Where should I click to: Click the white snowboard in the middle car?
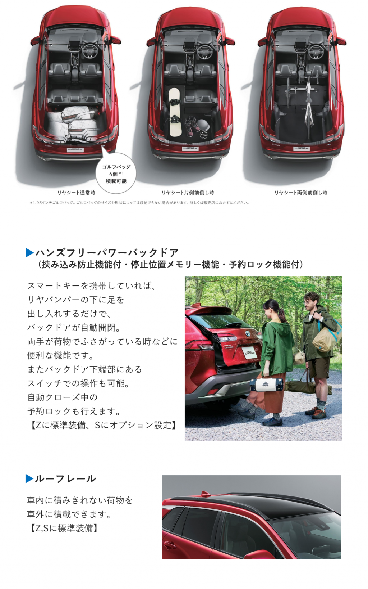point(174,112)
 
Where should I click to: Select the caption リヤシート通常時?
point(76,193)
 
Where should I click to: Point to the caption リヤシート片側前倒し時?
point(188,193)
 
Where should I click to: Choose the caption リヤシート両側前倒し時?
point(301,193)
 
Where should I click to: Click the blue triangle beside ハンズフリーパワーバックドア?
point(30,253)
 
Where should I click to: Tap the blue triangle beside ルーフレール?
point(29,478)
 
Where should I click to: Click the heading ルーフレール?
point(65,478)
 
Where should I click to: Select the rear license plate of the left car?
point(75,150)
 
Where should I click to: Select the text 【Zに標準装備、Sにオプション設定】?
point(102,425)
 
